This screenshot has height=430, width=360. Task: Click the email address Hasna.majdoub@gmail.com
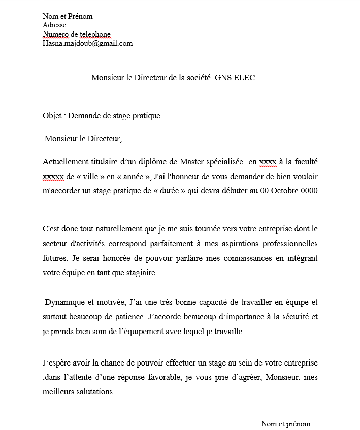87,43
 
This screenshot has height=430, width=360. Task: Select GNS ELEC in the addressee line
235,78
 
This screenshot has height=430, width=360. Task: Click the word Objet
52,116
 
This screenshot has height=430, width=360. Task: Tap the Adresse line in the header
54,25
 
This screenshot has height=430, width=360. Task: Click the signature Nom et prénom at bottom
285,424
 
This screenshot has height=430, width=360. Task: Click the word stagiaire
140,272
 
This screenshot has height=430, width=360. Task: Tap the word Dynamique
66,302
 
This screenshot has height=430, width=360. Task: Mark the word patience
127,317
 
